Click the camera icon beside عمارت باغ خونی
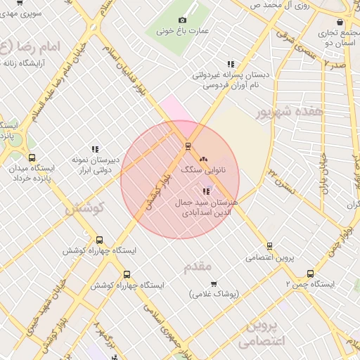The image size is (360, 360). (183, 20)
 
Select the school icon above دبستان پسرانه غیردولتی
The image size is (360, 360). (231, 64)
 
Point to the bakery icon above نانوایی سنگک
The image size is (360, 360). (204, 160)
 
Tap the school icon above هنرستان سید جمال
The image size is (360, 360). (206, 191)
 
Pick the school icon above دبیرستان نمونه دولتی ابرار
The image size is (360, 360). (94, 149)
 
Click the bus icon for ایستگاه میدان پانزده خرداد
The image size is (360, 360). (31, 158)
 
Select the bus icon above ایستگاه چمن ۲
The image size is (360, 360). (310, 274)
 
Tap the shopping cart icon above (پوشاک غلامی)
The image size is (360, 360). (214, 283)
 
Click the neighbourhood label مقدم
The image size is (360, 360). (197, 267)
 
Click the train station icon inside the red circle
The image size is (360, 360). (188, 146)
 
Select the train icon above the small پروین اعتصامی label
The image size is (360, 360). (270, 246)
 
